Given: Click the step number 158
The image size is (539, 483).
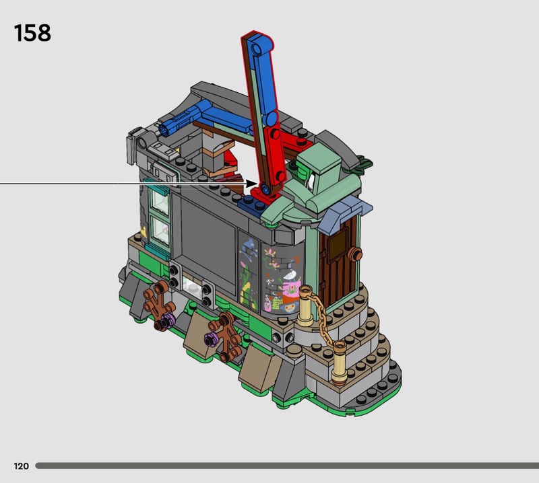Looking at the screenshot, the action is [x=32, y=33].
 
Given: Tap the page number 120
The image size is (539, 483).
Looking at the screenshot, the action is [x=22, y=466].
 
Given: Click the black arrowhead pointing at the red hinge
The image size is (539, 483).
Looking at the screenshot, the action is [x=251, y=184].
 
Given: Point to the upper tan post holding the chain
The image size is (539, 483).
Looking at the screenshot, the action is [x=305, y=305].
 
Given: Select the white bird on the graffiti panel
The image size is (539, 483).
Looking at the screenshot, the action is [x=290, y=275].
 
